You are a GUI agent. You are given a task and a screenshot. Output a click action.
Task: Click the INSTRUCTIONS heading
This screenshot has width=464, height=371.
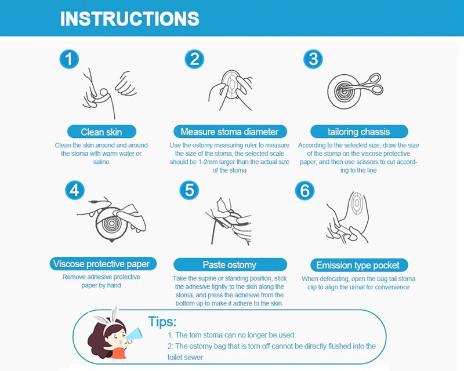(x=129, y=19)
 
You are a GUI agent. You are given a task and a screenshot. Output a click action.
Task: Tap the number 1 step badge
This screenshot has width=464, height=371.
(x=69, y=59)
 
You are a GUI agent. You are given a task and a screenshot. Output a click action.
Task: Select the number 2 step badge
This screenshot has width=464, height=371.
(x=194, y=59)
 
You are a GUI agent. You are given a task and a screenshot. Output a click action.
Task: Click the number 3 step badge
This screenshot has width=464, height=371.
(x=313, y=59)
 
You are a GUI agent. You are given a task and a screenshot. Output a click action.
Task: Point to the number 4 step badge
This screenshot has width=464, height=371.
(x=75, y=190)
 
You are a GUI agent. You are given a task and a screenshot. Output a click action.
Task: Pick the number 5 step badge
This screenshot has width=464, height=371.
(x=189, y=190)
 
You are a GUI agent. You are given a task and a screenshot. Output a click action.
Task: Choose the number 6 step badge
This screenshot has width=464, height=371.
(x=305, y=190)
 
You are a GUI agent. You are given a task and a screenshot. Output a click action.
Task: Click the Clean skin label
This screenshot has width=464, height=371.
(x=101, y=132)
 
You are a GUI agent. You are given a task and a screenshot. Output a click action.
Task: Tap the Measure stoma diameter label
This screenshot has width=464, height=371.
(x=230, y=132)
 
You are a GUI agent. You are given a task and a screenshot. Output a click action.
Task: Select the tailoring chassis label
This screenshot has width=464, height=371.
(x=359, y=132)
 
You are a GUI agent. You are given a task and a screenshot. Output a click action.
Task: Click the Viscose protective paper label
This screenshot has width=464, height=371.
(x=103, y=264)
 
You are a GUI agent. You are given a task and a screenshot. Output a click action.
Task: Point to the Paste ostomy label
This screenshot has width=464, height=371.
(x=230, y=265)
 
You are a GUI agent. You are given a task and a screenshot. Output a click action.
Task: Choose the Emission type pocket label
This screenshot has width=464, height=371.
(x=359, y=265)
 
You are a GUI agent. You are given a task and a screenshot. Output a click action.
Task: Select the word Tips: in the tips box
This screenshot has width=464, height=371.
(x=162, y=322)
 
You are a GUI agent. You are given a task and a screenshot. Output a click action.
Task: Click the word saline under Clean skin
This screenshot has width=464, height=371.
(x=101, y=162)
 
